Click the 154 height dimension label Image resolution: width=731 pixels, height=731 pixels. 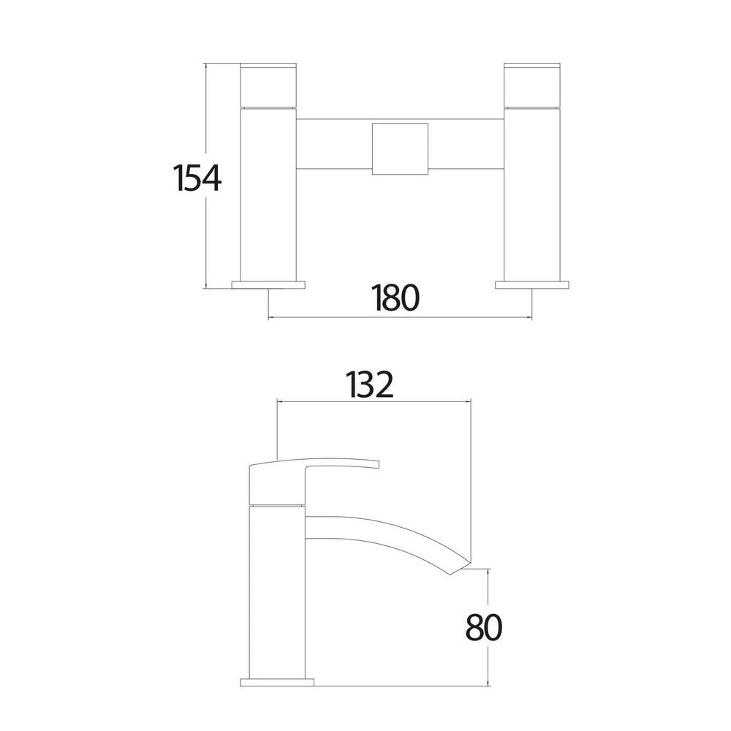coord(197,178)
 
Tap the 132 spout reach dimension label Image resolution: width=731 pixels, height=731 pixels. coord(371,385)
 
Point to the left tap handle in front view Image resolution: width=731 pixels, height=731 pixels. coord(268,85)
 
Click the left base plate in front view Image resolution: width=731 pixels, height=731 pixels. coord(268,284)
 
